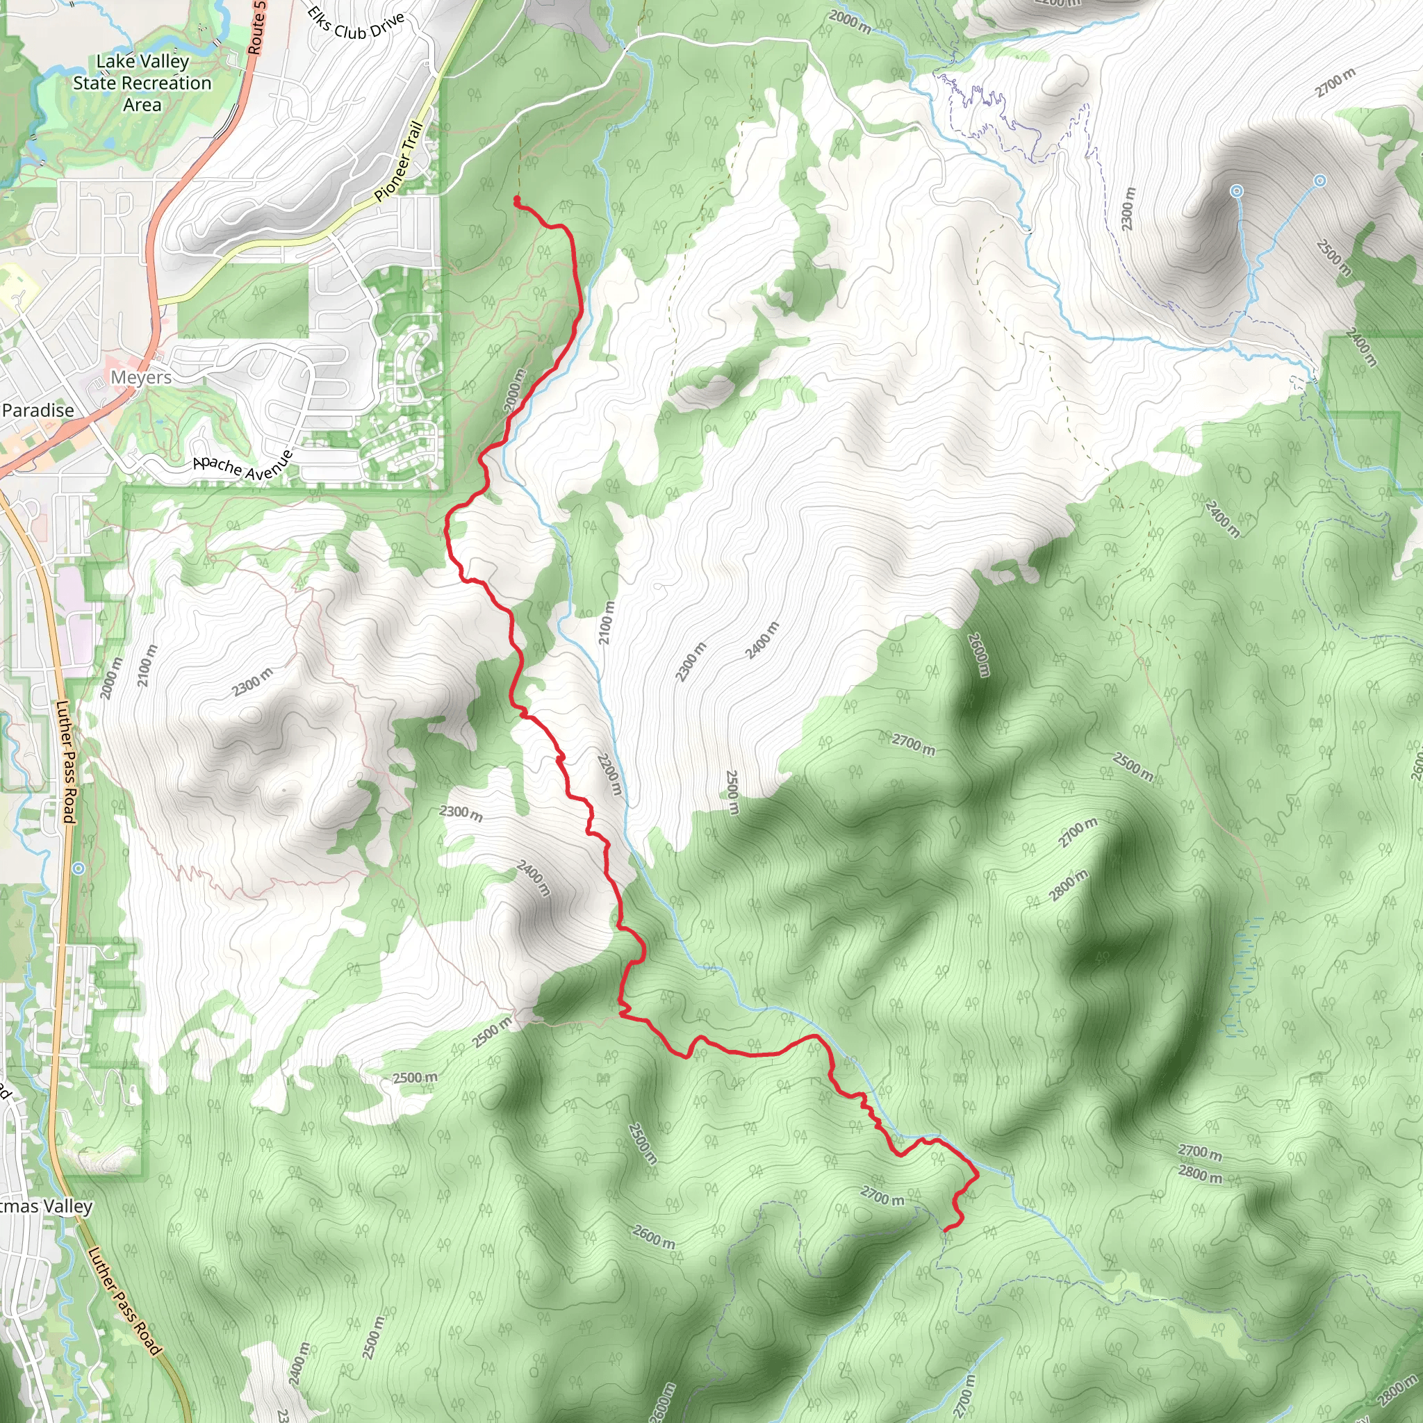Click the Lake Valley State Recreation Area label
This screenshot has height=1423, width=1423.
(x=142, y=83)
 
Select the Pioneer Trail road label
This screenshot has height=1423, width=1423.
(x=398, y=162)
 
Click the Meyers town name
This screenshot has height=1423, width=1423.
(x=140, y=377)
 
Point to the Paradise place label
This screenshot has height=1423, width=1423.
(x=38, y=410)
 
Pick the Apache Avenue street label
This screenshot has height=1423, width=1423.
(x=243, y=466)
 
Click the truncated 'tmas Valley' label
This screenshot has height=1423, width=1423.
(x=46, y=1206)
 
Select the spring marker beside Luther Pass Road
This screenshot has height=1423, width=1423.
(x=78, y=869)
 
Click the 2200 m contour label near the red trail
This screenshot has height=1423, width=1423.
(x=610, y=774)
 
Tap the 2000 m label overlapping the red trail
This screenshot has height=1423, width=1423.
(x=516, y=390)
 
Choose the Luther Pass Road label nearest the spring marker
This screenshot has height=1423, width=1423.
(x=65, y=762)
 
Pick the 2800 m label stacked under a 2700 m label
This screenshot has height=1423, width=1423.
(x=1201, y=1174)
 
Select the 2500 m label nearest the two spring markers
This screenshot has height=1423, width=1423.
(x=1333, y=258)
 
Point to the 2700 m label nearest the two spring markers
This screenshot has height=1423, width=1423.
(x=1335, y=83)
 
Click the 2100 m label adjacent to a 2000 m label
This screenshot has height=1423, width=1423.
(x=147, y=666)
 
